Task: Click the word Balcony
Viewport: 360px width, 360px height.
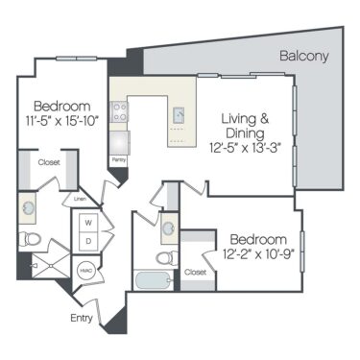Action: click(x=304, y=57)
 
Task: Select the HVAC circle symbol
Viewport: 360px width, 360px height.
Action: click(x=85, y=271)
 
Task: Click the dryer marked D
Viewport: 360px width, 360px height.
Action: click(x=88, y=240)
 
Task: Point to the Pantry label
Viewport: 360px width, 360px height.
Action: click(x=119, y=159)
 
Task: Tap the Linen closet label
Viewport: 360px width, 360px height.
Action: click(x=80, y=200)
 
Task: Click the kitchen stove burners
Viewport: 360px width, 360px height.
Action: click(x=120, y=114)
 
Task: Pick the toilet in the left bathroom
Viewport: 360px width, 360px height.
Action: click(x=31, y=239)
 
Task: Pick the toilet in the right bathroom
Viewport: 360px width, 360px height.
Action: click(x=163, y=258)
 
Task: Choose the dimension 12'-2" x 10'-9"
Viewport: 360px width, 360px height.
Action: click(x=257, y=254)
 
